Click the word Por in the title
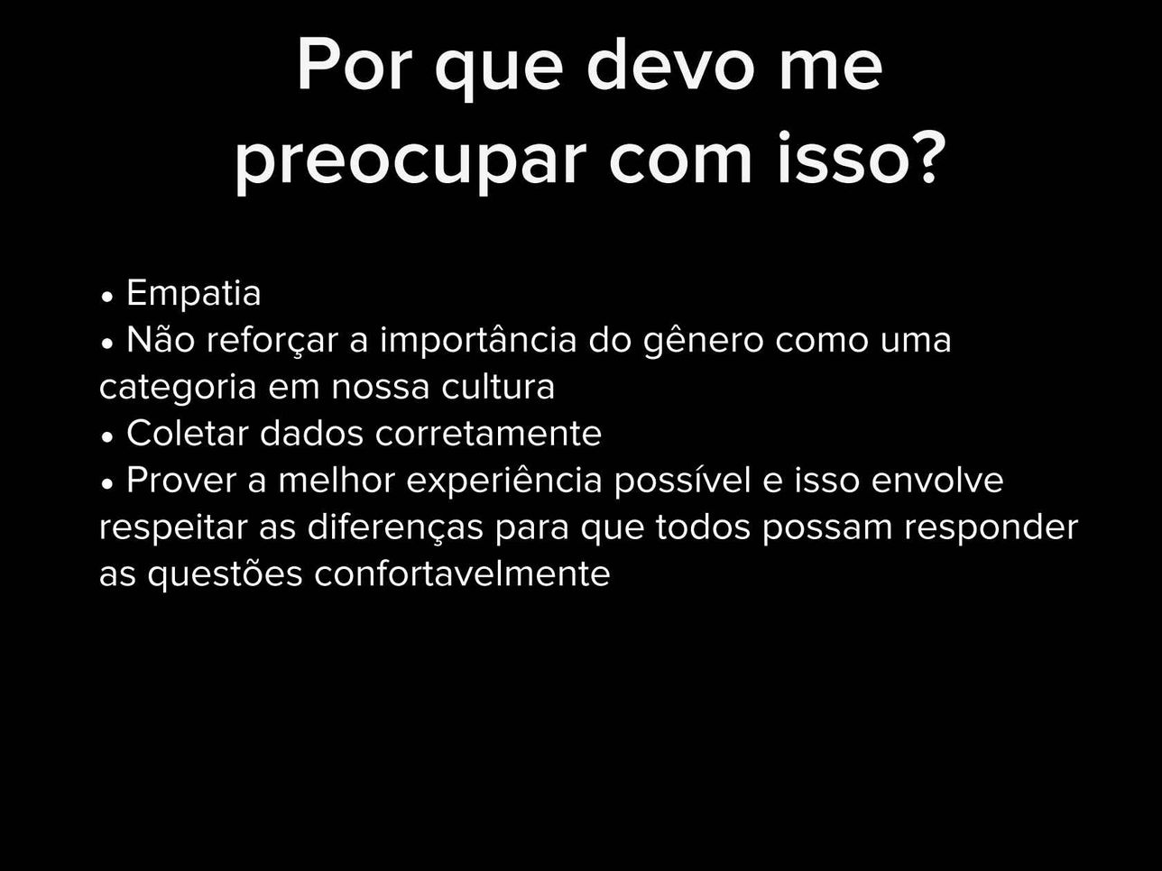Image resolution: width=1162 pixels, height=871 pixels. pyautogui.click(x=355, y=65)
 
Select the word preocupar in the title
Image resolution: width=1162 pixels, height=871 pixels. pyautogui.click(x=410, y=161)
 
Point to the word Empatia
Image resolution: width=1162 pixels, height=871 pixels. pyautogui.click(x=194, y=292)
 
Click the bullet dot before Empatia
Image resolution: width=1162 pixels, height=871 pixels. pyautogui.click(x=107, y=297)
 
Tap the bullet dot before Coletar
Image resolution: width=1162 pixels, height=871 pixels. pyautogui.click(x=107, y=437)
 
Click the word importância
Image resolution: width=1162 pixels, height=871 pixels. pyautogui.click(x=478, y=341)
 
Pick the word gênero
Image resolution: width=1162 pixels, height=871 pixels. pyautogui.click(x=704, y=342)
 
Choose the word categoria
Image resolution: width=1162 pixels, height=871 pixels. pyautogui.click(x=178, y=388)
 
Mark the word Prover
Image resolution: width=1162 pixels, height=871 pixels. pyautogui.click(x=181, y=481)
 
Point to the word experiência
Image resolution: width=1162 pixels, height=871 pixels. pyautogui.click(x=504, y=481)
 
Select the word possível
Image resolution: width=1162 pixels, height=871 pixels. pyautogui.click(x=682, y=481)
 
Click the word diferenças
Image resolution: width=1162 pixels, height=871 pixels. pyautogui.click(x=395, y=527)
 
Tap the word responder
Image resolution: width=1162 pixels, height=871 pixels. pyautogui.click(x=991, y=528)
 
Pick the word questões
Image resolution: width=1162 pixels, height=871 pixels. pyautogui.click(x=225, y=573)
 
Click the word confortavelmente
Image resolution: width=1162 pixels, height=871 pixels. pyautogui.click(x=462, y=573)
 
